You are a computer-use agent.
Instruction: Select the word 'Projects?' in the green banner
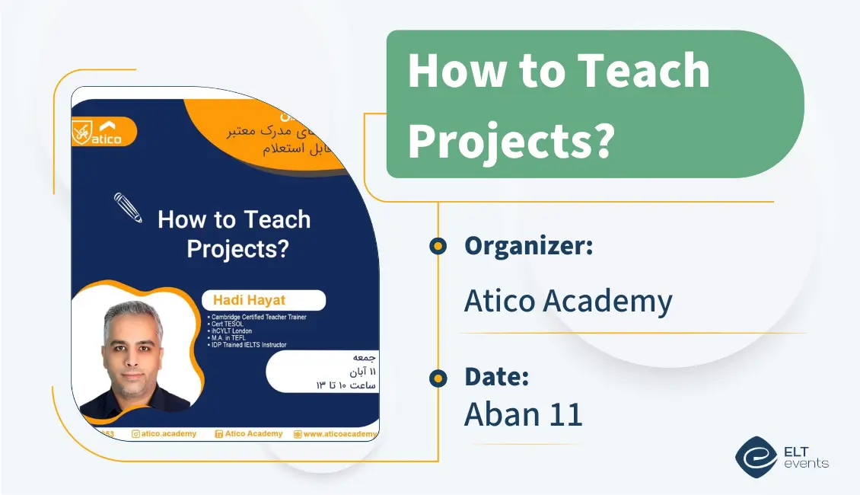pos(511,139)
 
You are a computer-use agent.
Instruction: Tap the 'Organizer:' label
pos(528,246)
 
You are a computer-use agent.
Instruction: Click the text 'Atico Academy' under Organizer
pos(568,302)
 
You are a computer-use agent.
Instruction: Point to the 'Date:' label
pos(496,376)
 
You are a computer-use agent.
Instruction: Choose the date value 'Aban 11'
pos(523,414)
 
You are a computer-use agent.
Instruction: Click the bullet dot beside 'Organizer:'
pos(438,246)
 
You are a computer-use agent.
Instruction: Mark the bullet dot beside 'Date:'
pos(438,377)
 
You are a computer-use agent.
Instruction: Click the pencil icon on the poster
pos(128,206)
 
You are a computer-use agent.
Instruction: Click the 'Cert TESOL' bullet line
pos(231,324)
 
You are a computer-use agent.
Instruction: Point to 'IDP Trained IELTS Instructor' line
pos(249,345)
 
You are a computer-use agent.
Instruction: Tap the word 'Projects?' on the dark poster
pos(237,248)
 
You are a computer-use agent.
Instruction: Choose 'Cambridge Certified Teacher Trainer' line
pos(257,317)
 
